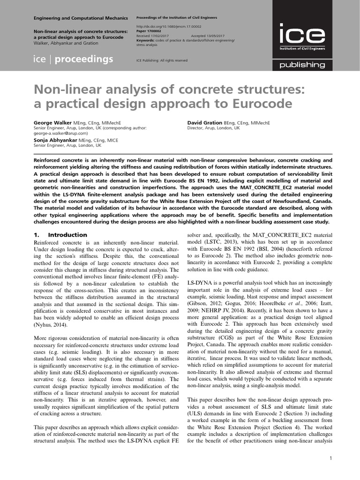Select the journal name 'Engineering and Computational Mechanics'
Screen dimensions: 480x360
[x=80, y=18]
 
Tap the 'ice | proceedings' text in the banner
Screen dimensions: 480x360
[x=73, y=59]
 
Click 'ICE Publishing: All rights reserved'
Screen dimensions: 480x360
[x=162, y=60]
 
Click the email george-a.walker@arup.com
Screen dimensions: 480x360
[x=61, y=133]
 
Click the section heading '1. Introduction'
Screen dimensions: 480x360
[x=60, y=235]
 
